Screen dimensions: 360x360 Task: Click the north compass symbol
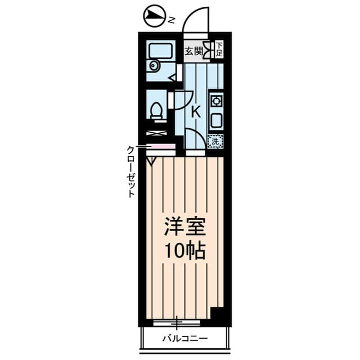pyautogui.click(x=154, y=16)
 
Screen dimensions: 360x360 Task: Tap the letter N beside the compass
pyautogui.click(x=171, y=20)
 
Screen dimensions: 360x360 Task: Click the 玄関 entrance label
pyautogui.click(x=193, y=51)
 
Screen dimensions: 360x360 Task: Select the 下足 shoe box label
pyautogui.click(x=219, y=49)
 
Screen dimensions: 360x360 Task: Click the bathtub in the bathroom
pyautogui.click(x=161, y=51)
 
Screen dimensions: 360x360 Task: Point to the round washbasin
pyautogui.click(x=154, y=66)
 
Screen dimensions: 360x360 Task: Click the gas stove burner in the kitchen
pyautogui.click(x=216, y=101)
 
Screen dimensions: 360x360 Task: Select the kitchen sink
pyautogui.click(x=216, y=120)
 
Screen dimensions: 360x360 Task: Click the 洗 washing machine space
pyautogui.click(x=215, y=141)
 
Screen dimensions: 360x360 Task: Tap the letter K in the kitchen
pyautogui.click(x=196, y=112)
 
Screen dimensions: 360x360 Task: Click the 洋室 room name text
pyautogui.click(x=185, y=226)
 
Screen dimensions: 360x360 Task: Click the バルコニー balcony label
pyautogui.click(x=185, y=339)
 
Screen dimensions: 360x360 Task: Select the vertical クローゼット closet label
pyautogui.click(x=130, y=172)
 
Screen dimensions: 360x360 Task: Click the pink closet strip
pyautogui.click(x=161, y=146)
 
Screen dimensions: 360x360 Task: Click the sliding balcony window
pyautogui.click(x=177, y=323)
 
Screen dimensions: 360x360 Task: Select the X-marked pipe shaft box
pyautogui.click(x=156, y=133)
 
